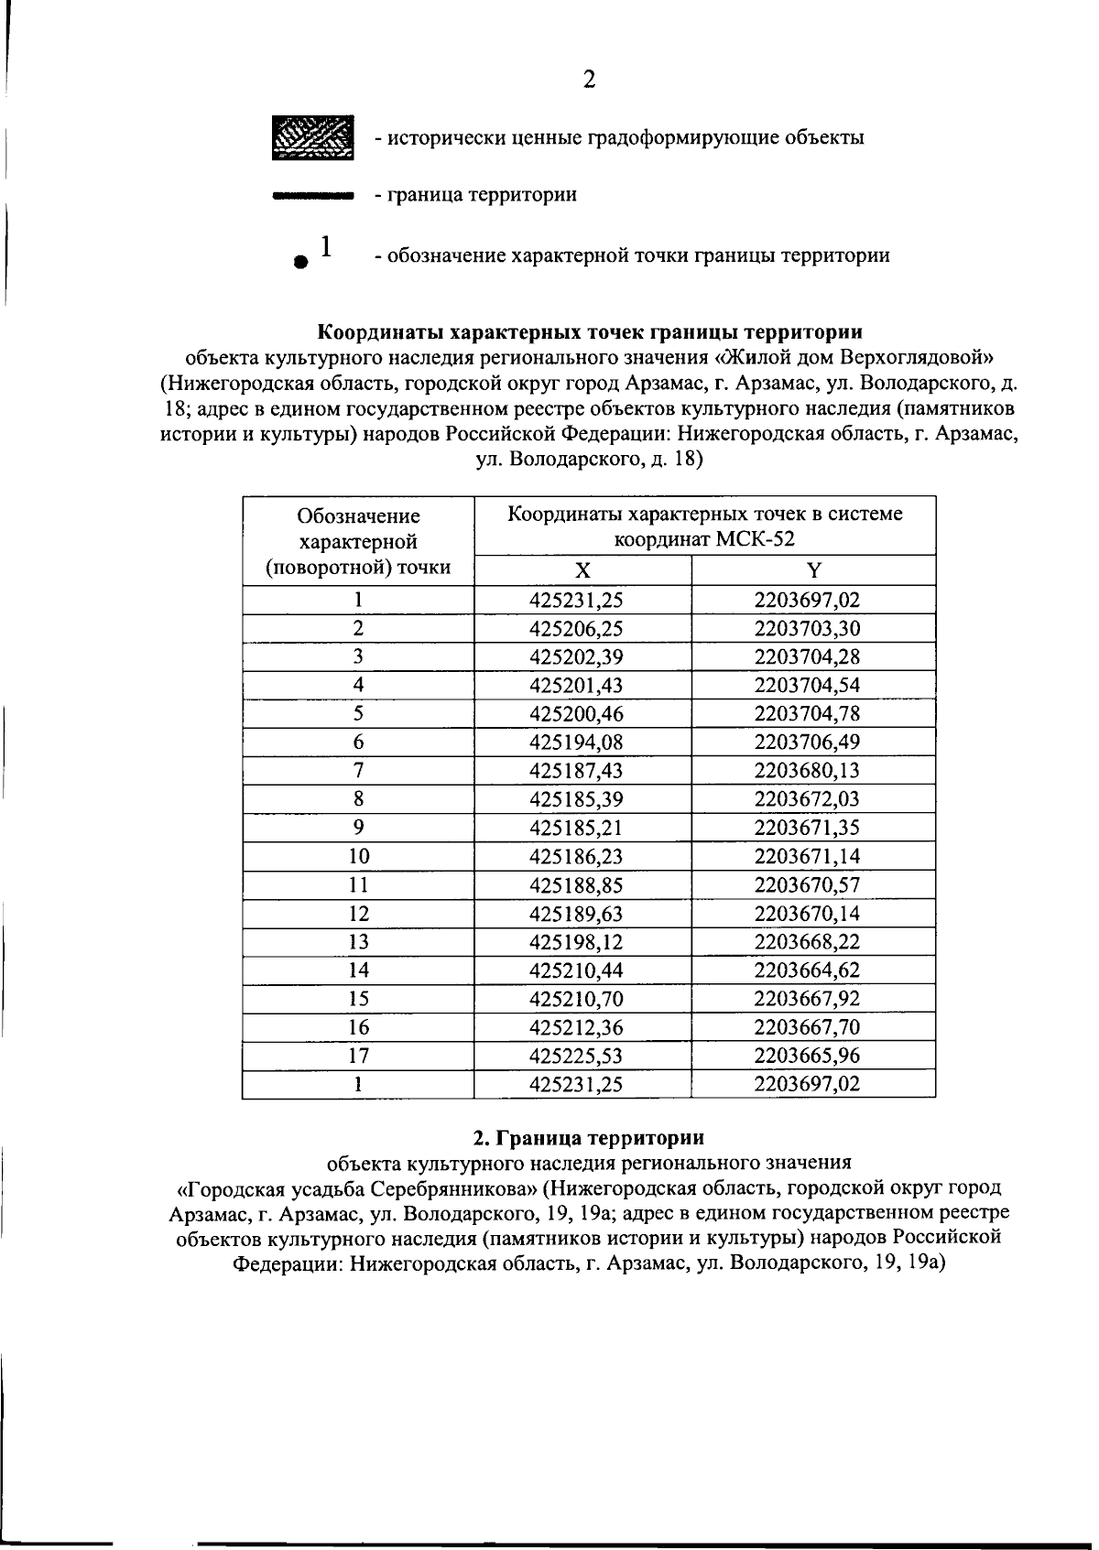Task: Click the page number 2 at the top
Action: coord(589,80)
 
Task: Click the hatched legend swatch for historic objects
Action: coord(313,138)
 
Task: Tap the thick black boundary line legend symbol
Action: coord(313,195)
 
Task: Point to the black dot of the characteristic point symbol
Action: coord(299,261)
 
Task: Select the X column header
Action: coord(582,570)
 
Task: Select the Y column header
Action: coord(813,570)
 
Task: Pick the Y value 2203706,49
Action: coord(807,742)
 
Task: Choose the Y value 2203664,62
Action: coord(807,970)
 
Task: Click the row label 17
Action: coord(358,1055)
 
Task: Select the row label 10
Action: coord(358,856)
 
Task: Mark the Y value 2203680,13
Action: coord(807,770)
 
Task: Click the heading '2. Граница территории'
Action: coord(589,1138)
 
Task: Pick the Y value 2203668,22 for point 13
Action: coord(807,941)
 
